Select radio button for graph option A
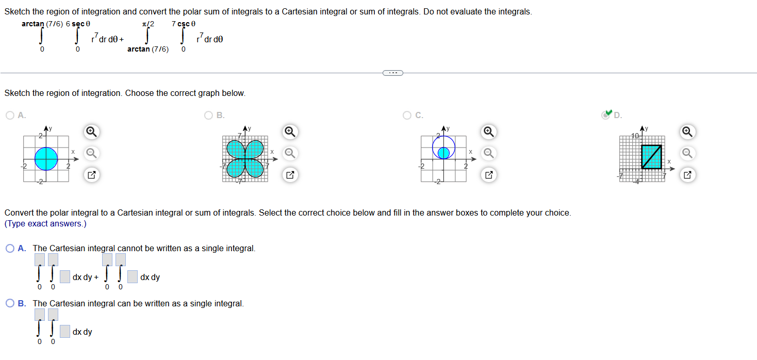[10, 116]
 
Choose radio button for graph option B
[209, 116]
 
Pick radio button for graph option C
[407, 116]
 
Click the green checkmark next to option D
[608, 113]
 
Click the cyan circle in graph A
[46, 159]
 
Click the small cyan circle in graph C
[443, 153]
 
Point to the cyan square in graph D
[652, 156]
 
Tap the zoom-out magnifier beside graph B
[290, 153]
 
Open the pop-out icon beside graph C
[488, 175]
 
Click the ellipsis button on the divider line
[393, 73]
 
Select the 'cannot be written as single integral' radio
[10, 249]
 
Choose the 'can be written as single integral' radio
[10, 304]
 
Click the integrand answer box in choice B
[64, 332]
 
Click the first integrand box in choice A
[64, 277]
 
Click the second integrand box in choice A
[133, 277]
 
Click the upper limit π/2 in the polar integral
[148, 24]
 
